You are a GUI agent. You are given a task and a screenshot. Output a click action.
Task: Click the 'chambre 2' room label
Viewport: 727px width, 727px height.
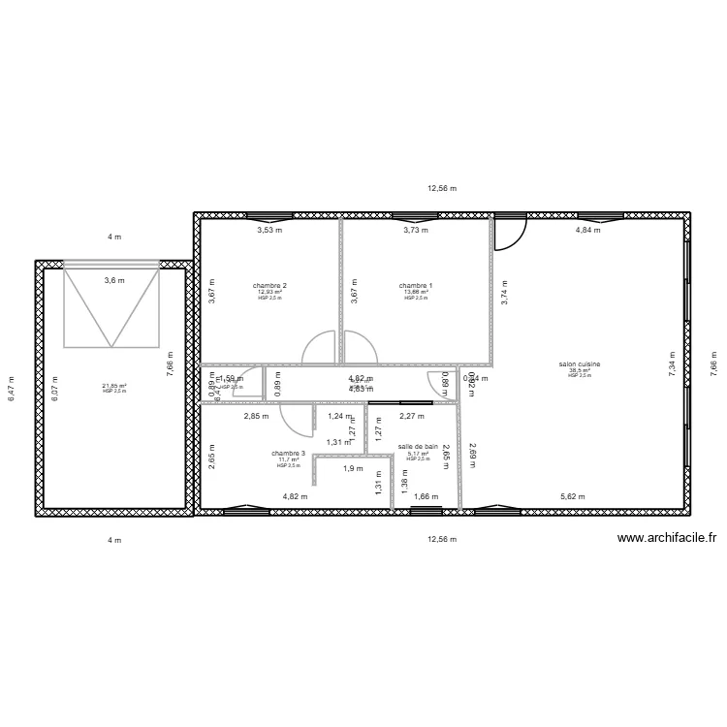point(269,286)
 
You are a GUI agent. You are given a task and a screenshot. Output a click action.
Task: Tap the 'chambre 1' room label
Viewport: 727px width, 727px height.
point(416,286)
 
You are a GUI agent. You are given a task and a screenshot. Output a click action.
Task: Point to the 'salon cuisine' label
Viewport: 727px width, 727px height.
point(580,364)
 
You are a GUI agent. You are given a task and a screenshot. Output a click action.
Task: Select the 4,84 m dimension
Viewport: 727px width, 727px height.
point(588,231)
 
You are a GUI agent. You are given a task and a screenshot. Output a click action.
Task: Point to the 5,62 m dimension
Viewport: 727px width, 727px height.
point(574,497)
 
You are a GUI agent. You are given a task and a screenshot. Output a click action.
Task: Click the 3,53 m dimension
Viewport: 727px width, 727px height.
point(269,231)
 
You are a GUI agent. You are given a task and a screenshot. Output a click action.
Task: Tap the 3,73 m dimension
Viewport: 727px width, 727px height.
point(416,231)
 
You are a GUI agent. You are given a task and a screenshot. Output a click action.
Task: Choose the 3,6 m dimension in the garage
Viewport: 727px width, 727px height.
point(114,281)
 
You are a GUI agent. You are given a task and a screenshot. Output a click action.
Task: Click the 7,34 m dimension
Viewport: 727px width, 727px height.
point(672,364)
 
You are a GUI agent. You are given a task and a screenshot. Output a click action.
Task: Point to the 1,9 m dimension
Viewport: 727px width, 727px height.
point(353,469)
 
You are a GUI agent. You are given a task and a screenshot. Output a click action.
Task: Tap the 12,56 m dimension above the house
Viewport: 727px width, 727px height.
point(442,190)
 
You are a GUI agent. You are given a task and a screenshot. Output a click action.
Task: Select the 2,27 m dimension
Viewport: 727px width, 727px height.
point(411,417)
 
